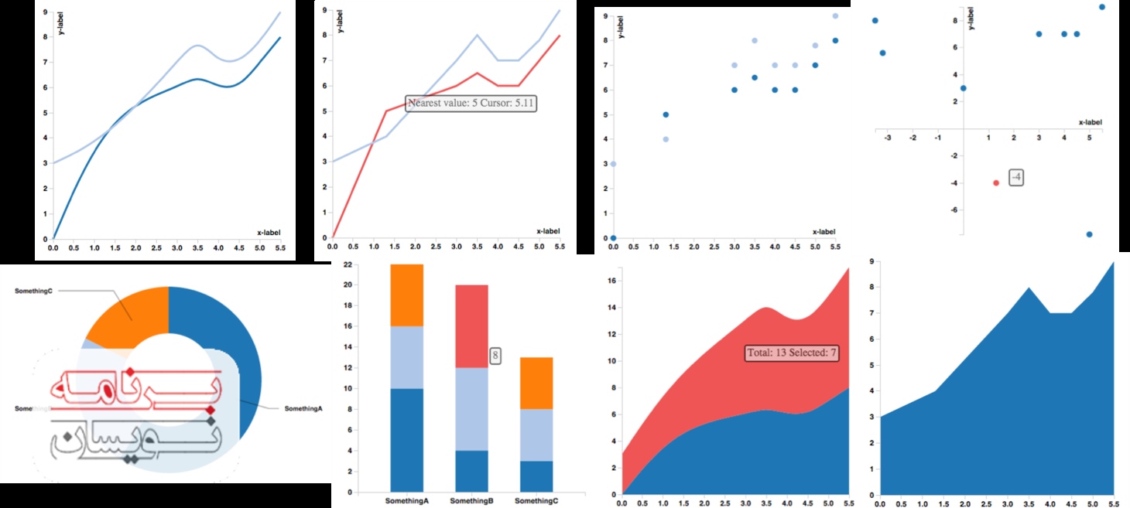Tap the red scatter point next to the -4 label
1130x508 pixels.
[x=996, y=182]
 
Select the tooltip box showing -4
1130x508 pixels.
[x=1017, y=178]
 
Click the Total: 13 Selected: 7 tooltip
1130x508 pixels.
[x=792, y=353]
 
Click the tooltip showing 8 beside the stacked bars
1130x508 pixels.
[x=495, y=356]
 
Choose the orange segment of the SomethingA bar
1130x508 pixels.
[x=406, y=295]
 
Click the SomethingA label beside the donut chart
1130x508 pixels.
[x=303, y=408]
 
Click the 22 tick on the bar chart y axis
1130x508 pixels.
[x=348, y=264]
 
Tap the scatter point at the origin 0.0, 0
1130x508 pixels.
[x=613, y=238]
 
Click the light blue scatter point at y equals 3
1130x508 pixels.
[x=613, y=164]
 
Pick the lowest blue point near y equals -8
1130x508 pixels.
[x=1089, y=234]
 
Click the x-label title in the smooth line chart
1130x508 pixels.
[x=269, y=232]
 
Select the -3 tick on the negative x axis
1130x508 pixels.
[x=888, y=138]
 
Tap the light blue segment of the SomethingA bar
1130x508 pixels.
[x=406, y=357]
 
